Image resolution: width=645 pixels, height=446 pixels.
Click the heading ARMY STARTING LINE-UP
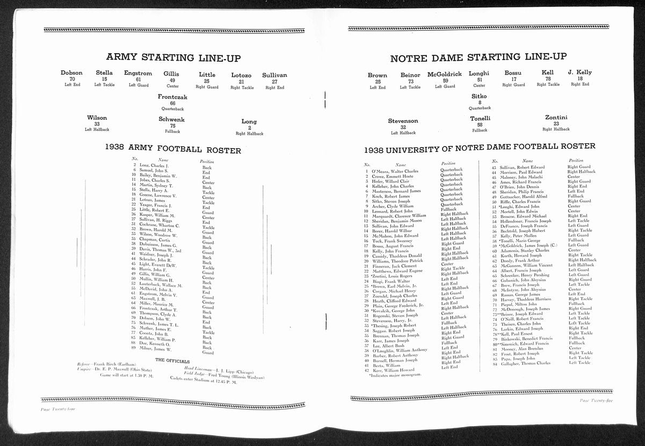pos(173,58)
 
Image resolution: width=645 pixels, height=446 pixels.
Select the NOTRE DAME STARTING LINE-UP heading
pos(478,57)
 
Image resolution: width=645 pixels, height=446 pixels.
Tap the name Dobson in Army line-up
pos(71,73)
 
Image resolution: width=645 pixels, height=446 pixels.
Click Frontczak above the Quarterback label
pos(173,97)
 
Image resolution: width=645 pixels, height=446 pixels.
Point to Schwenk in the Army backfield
pos(172,120)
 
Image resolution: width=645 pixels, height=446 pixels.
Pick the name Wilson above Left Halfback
pos(97,118)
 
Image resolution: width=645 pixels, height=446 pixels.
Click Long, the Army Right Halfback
pos(249,122)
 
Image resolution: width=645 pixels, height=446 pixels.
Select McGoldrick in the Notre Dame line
pos(445,75)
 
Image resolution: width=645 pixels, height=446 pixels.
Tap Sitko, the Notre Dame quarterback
pos(479,96)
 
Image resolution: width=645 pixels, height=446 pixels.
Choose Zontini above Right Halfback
pos(556,118)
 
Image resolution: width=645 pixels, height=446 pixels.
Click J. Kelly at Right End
pos(579,72)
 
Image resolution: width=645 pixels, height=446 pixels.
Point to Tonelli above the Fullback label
pos(480,119)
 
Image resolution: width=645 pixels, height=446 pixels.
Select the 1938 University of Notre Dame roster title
pos(479,147)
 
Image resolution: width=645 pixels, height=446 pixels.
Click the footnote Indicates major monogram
pos(396,375)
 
